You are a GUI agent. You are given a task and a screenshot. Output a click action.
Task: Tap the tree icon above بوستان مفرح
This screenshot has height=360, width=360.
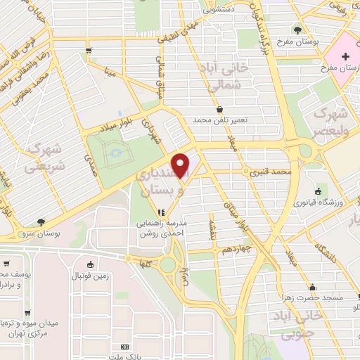click(298, 30)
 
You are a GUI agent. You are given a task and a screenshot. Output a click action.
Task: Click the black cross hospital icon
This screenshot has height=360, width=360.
click(346, 56)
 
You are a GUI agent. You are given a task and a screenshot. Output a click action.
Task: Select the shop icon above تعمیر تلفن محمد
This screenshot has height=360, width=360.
click(220, 110)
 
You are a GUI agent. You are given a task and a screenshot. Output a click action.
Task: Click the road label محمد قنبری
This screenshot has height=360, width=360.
click(271, 171)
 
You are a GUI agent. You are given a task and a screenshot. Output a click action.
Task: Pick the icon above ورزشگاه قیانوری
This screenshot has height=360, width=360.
click(319, 191)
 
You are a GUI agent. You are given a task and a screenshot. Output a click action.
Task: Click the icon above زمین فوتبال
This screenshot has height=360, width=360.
click(90, 264)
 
